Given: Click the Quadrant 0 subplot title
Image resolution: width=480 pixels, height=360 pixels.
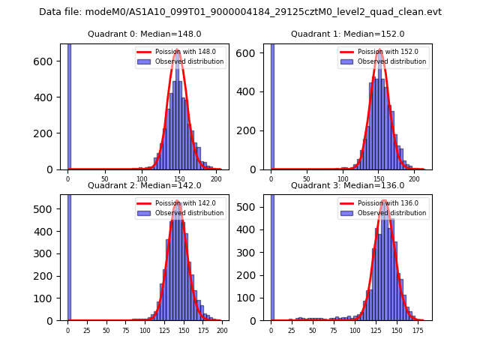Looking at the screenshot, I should pos(144,34).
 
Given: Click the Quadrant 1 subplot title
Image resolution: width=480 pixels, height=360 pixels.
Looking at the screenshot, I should pos(347,34).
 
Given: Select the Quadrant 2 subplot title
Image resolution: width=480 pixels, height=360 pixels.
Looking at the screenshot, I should pos(144,185).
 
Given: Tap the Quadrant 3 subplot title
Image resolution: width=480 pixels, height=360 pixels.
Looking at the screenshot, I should pos(347,185).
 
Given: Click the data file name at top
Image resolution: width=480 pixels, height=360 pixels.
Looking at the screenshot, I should pos(240,12).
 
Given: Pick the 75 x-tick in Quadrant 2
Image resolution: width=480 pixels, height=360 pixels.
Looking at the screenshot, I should pos(125,331).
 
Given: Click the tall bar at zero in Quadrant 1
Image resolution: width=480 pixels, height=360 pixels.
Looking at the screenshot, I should pos(272,105).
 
